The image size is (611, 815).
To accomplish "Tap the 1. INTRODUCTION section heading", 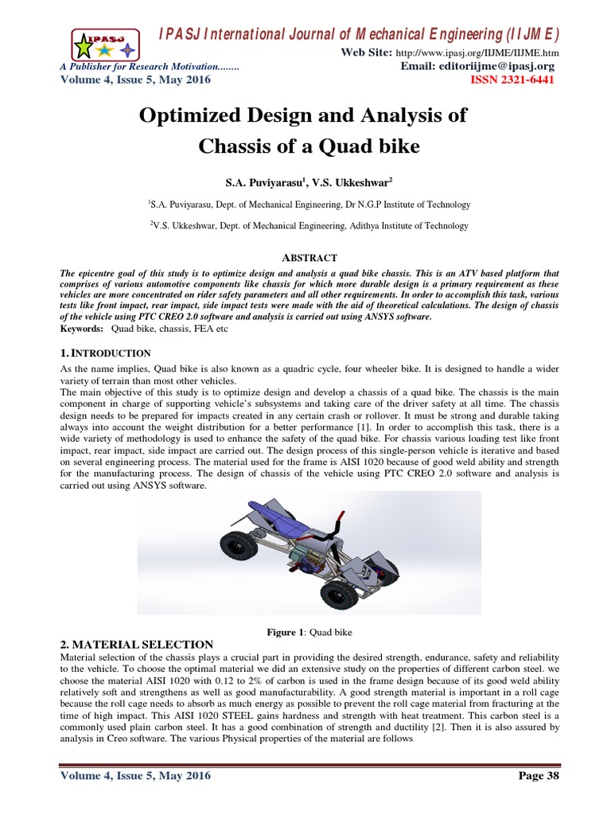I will point(106,353).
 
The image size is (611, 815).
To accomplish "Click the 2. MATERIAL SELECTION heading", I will point(137,644).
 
